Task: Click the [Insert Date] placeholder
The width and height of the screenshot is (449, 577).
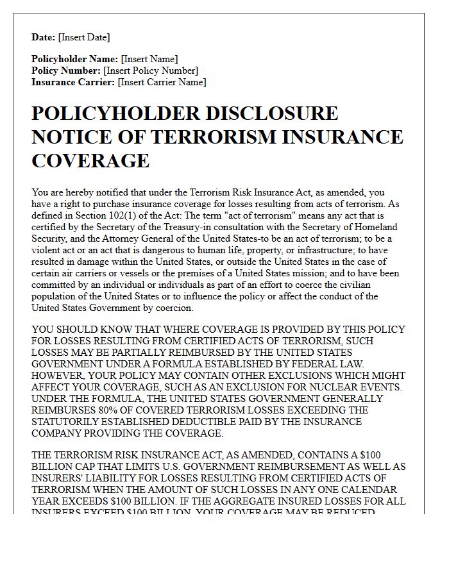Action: coord(83,37)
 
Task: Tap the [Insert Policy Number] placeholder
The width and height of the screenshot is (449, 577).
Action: coord(151,71)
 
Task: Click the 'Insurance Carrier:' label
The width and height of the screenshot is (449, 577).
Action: coord(73,82)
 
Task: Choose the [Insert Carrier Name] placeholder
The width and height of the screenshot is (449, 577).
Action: coord(163,82)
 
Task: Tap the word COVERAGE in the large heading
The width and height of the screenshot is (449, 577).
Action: coord(90,160)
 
